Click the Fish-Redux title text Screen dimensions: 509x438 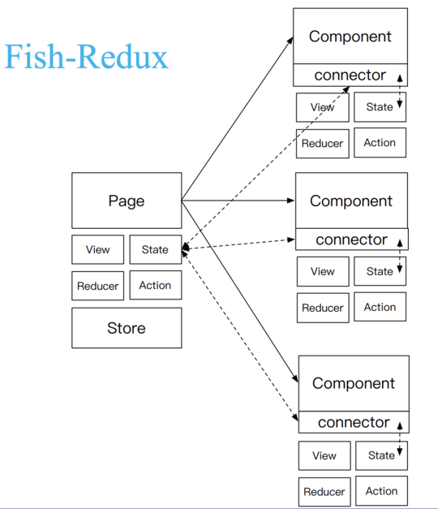86,57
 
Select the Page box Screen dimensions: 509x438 127,201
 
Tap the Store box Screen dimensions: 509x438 127,328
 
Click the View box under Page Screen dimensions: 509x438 97,249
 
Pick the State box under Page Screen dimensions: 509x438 155,249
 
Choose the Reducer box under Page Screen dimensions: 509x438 97,286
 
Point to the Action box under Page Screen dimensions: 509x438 155,286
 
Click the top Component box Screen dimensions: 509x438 350,37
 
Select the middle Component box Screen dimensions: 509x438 351,201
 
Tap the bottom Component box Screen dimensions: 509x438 354,383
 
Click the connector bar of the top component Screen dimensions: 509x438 350,75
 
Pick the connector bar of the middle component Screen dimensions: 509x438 351,239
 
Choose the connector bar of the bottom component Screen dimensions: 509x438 354,422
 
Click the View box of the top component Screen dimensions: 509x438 322,107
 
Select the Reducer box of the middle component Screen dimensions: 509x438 323,308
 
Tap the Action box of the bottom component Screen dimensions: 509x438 381,491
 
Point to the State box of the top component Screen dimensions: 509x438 380,107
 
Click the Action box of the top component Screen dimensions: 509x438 380,143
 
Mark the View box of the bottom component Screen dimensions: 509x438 324,455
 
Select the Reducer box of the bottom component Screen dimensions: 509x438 324,491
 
